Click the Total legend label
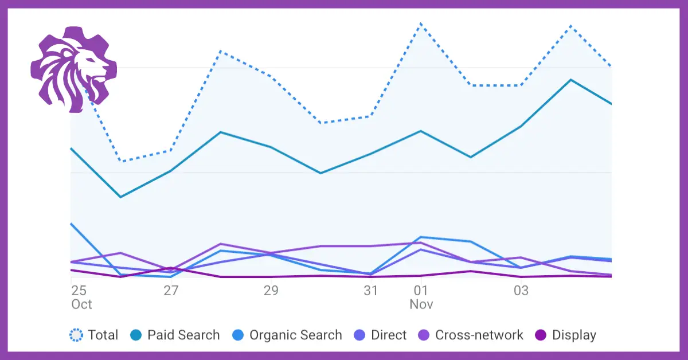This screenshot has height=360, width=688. click(103, 335)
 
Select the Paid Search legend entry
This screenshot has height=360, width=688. click(183, 335)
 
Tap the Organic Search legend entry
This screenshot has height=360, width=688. click(295, 335)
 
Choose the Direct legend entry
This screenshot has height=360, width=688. click(388, 335)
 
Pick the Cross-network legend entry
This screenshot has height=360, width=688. click(479, 335)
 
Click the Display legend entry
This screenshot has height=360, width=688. click(574, 335)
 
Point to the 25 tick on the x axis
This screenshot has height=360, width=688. click(79, 291)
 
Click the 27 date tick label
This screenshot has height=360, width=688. click(171, 291)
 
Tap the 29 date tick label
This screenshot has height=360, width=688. click(271, 291)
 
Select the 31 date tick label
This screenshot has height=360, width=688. click(371, 291)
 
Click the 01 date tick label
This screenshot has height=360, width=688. click(421, 291)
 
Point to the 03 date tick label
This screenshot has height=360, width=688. click(521, 291)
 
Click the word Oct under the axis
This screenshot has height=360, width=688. click(81, 304)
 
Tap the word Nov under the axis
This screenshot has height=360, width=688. click(421, 304)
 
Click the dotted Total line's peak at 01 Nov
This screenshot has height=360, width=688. click(421, 24)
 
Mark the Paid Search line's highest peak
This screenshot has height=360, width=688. click(570, 80)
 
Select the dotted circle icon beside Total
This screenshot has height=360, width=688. click(76, 335)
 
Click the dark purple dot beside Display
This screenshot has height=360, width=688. click(540, 335)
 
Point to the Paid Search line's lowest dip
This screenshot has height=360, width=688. click(120, 197)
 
